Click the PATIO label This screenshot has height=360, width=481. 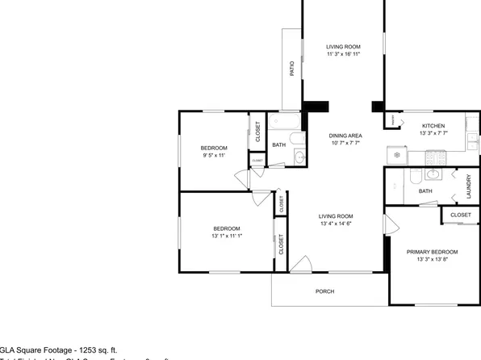(x=291, y=69)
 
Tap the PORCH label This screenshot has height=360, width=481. (x=324, y=292)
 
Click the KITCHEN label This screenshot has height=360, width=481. (x=434, y=127)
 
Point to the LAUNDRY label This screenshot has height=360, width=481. (x=468, y=186)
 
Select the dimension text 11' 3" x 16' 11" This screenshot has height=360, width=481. (x=343, y=55)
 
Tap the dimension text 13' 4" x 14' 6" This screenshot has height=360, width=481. (x=335, y=224)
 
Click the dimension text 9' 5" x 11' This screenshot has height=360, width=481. (x=214, y=155)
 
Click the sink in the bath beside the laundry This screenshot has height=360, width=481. (x=433, y=173)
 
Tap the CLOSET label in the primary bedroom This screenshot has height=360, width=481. (x=460, y=216)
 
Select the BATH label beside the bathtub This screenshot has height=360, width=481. (x=278, y=145)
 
